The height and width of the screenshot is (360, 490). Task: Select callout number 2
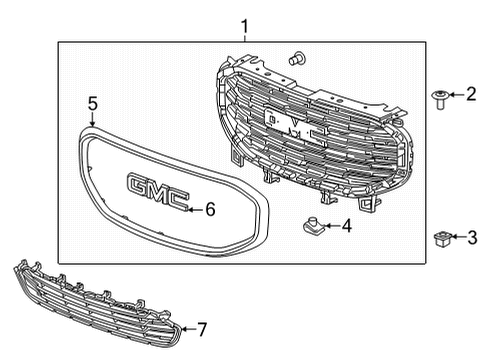point(469,95)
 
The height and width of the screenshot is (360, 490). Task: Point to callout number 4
point(345,226)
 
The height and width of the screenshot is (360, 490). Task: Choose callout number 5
point(92,103)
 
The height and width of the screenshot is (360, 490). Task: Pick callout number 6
point(210,209)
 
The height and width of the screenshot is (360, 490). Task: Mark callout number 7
point(203,328)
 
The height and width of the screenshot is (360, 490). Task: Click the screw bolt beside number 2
point(439,96)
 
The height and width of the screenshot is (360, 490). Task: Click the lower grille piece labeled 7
point(95,304)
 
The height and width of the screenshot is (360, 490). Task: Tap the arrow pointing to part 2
point(455,95)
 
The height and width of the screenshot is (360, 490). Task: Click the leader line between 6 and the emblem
point(197,209)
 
